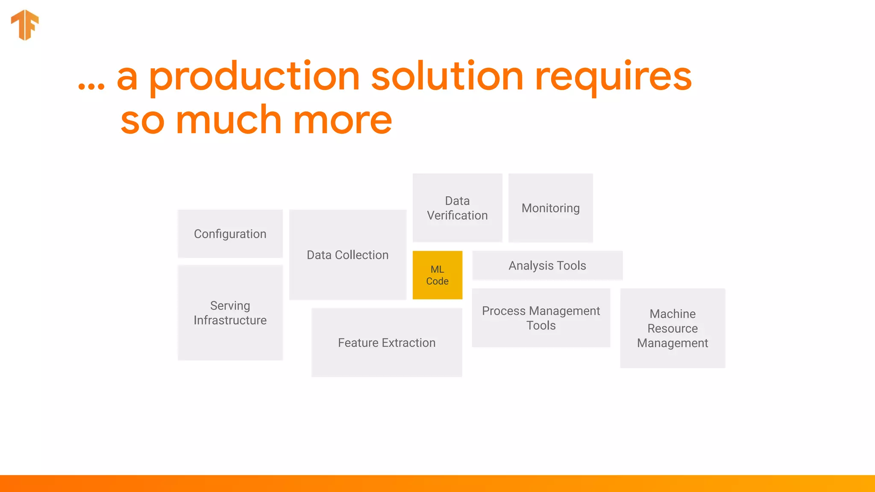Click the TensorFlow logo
(25, 25)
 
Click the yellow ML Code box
(437, 275)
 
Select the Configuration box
(230, 234)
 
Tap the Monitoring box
(550, 208)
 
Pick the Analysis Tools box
(547, 266)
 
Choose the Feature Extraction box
(387, 343)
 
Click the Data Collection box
(347, 255)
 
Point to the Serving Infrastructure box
(230, 313)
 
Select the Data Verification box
(457, 208)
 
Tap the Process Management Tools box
(541, 318)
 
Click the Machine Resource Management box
(672, 328)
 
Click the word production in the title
(254, 77)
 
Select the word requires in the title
(613, 77)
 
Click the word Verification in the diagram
(457, 216)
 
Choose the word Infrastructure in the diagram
(230, 320)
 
